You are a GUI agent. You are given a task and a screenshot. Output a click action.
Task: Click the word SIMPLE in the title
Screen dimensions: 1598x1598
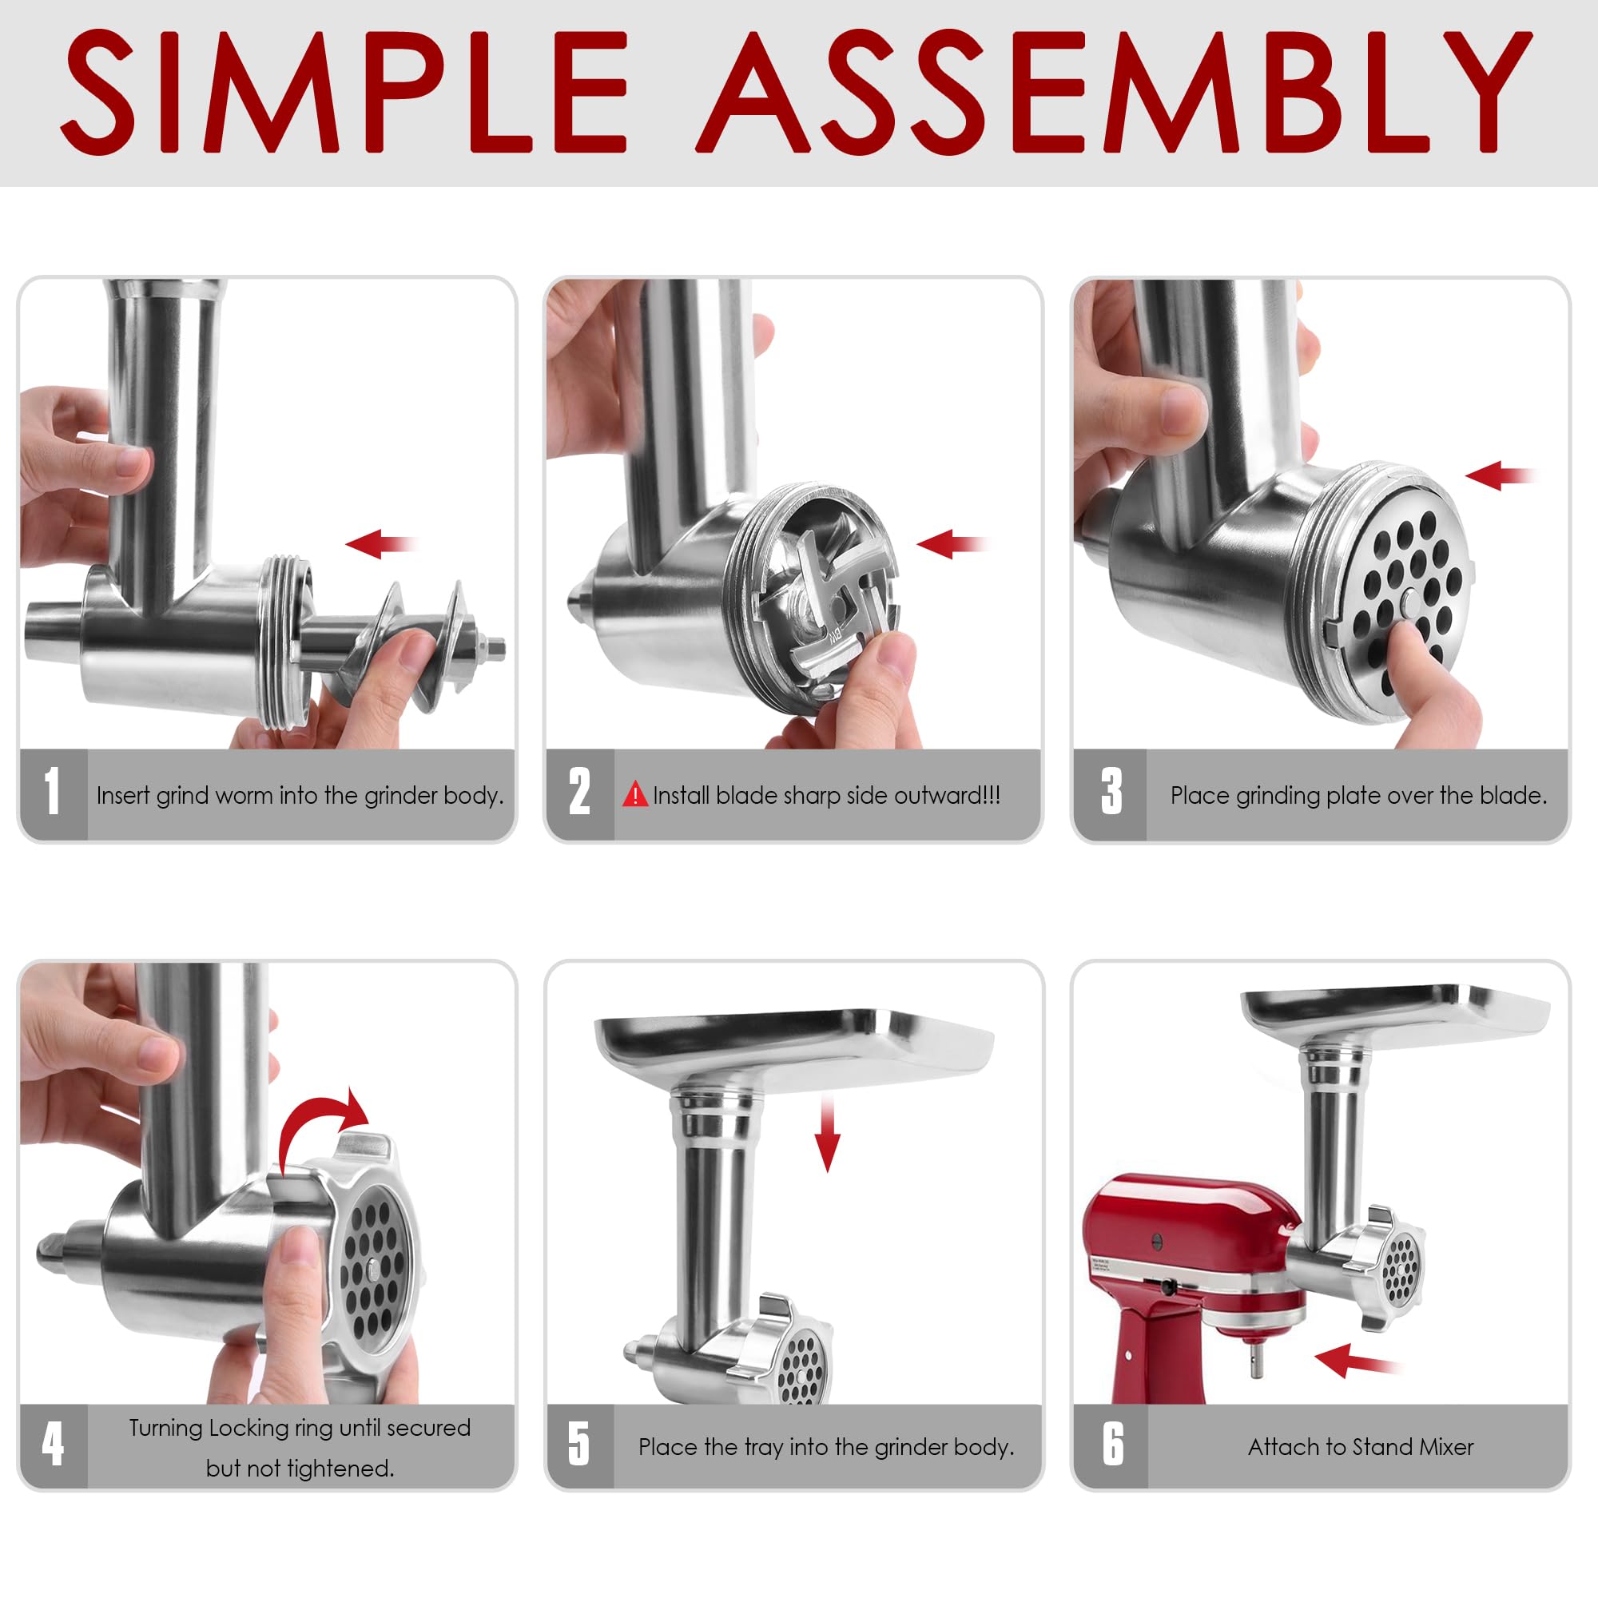[344, 93]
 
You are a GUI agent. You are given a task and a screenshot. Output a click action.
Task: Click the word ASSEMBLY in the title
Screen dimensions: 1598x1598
[1112, 93]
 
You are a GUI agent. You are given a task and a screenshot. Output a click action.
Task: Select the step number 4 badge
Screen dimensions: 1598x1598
[52, 1444]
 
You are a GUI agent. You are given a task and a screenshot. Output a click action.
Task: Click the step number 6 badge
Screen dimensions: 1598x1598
[1112, 1444]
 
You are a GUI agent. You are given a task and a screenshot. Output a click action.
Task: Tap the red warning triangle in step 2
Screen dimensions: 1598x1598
[634, 795]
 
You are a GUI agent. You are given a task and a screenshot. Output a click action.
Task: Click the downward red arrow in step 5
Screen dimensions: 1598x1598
[827, 1135]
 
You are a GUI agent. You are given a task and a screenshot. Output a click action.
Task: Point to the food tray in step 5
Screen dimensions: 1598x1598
[794, 1047]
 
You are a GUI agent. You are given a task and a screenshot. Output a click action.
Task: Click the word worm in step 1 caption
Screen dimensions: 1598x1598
[246, 796]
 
